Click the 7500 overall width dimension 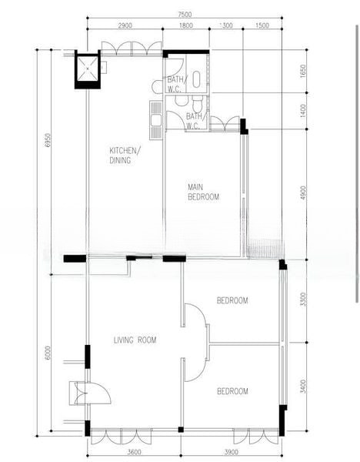pos(185,15)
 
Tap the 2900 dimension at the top pos(125,25)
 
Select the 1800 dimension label pos(186,25)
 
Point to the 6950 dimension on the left pos(48,141)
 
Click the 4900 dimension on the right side pos(303,193)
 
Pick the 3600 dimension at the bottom pos(134,452)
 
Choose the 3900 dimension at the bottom pos(232,452)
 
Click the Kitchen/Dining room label pos(125,156)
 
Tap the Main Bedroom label pos(203,192)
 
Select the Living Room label pos(135,340)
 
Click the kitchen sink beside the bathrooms pos(155,120)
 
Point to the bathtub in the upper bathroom pos(196,79)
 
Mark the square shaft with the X pos(88,69)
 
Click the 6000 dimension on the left pos(48,353)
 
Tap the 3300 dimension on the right pos(303,299)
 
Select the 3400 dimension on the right pos(303,386)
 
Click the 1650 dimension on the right pos(303,71)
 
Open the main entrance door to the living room pos(98,393)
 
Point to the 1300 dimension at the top pos(226,25)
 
